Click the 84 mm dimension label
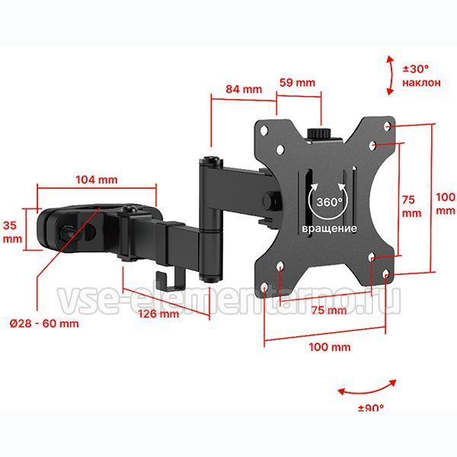244,89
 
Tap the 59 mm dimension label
297,82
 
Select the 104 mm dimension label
97,180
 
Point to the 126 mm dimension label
158,314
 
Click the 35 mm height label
12,232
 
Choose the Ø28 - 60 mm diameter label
44,324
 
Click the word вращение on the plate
329,228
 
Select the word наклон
421,82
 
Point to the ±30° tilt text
416,69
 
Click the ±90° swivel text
371,407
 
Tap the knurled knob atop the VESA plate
319,133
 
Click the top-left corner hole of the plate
264,130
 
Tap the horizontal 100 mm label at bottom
329,347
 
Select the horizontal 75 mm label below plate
329,310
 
